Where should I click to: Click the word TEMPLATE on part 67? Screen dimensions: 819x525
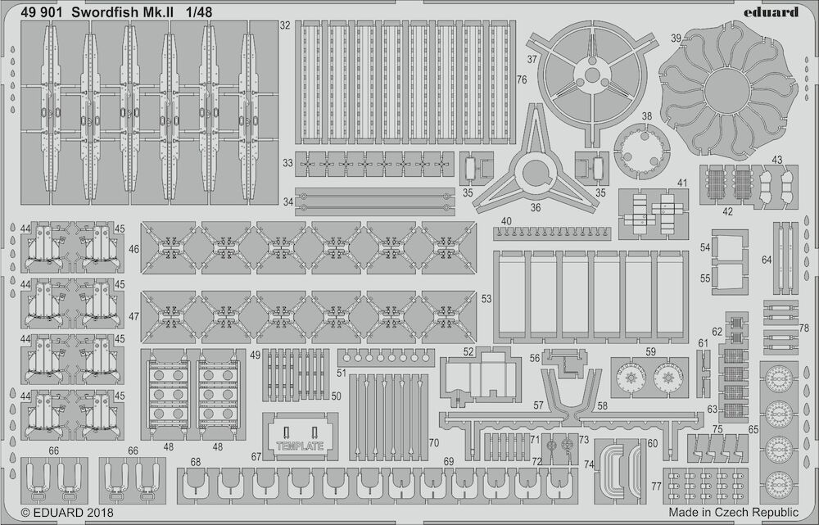(x=300, y=446)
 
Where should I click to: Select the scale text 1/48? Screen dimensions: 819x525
(x=198, y=11)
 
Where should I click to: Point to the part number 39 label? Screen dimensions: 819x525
(x=676, y=38)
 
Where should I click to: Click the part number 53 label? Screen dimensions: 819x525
(x=486, y=299)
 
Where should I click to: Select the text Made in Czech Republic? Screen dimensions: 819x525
(x=733, y=512)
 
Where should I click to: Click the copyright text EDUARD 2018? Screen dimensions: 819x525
(x=67, y=513)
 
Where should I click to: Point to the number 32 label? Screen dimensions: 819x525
(x=285, y=25)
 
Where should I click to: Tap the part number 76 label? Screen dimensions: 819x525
(x=521, y=80)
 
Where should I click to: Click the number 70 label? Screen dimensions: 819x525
(x=433, y=443)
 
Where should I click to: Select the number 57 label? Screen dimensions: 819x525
(x=539, y=405)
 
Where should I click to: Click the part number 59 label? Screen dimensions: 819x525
(x=650, y=352)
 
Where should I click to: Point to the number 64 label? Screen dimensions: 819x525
(x=767, y=260)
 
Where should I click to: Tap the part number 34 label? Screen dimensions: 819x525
(x=288, y=201)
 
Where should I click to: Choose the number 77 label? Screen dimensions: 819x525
(x=657, y=487)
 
